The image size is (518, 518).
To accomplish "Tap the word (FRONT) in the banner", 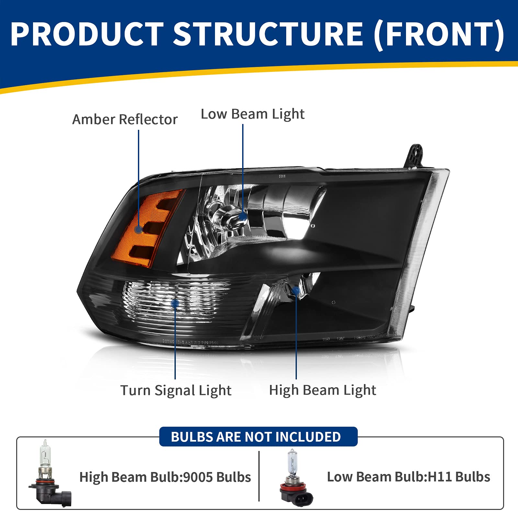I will click(x=439, y=34).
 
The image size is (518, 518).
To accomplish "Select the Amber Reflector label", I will click(x=125, y=119).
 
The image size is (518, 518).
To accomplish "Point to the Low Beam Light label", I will click(x=253, y=114).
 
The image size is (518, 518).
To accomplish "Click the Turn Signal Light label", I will click(x=176, y=390).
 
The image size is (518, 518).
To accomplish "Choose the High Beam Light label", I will click(x=322, y=390).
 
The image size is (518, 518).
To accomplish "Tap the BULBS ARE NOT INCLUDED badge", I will click(x=256, y=437).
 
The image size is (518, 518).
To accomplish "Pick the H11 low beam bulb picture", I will click(x=296, y=478).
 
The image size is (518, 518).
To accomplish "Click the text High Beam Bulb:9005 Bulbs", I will click(x=165, y=477).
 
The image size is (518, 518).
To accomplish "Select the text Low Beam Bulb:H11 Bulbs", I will click(x=409, y=477).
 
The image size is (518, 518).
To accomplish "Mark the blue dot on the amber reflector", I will click(x=139, y=230).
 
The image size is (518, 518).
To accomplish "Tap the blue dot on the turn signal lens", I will click(x=175, y=303).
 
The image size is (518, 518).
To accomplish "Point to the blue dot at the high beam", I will click(x=296, y=290).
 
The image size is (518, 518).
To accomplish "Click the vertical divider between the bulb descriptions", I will click(x=259, y=476).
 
